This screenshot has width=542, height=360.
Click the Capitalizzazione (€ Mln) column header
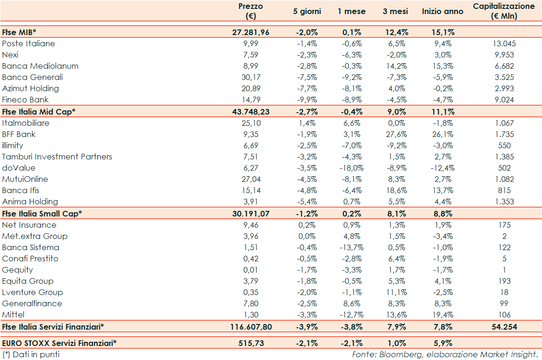click(504, 11)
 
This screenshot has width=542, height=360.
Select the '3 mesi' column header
click(395, 11)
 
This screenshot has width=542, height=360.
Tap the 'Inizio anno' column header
click(442, 11)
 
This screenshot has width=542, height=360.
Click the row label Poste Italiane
click(29, 43)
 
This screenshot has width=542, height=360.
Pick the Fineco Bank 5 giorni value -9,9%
click(307, 100)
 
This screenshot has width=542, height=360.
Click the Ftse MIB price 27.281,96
click(251, 32)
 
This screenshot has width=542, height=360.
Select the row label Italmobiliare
click(26, 123)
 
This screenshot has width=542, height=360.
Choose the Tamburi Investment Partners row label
click(57, 157)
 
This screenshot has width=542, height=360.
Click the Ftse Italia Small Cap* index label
click(42, 213)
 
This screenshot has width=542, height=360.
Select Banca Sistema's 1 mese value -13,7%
click(351, 247)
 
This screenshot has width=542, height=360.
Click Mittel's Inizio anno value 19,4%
click(442, 315)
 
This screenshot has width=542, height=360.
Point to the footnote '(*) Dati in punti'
click(31, 354)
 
